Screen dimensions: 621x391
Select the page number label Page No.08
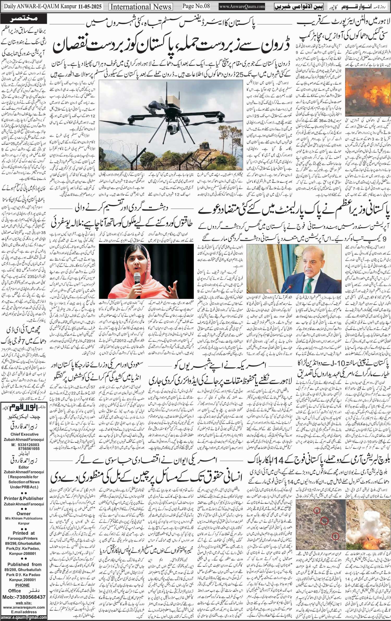pos(196,6)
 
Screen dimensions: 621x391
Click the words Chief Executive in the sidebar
pos(25,434)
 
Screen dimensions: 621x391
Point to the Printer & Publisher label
pos(24,498)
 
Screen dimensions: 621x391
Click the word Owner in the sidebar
pos(24,513)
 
